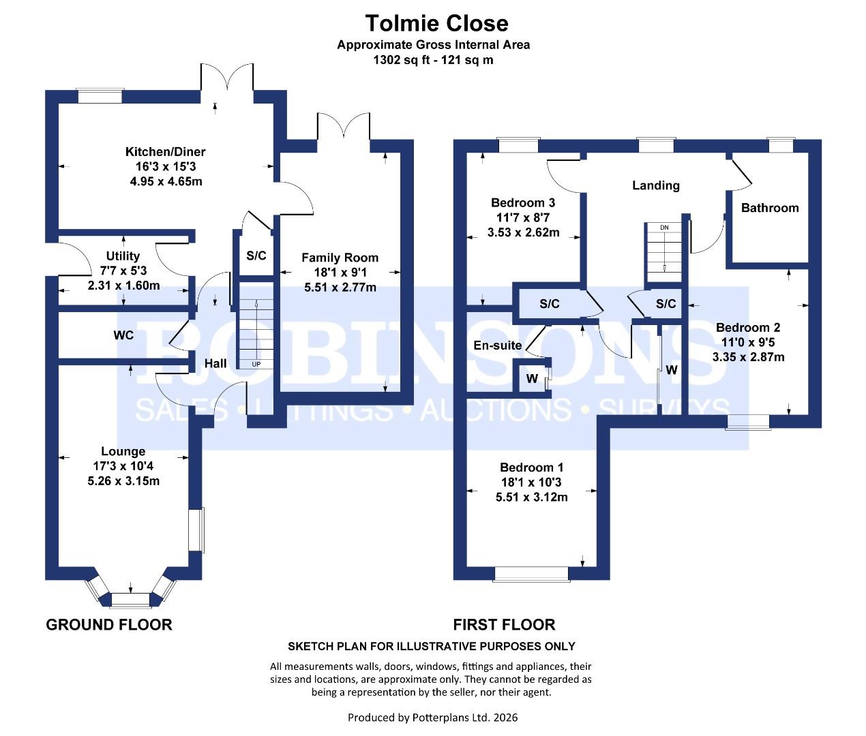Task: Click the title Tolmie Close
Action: click(x=436, y=23)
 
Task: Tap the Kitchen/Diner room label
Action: click(x=165, y=152)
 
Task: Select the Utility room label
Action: click(x=123, y=256)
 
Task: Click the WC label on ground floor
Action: click(x=123, y=335)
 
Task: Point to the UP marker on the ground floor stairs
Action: click(x=256, y=364)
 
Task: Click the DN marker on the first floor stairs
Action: click(x=664, y=228)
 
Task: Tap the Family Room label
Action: click(x=340, y=258)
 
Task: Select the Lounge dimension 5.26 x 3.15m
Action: click(x=123, y=481)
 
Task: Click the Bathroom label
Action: click(x=770, y=208)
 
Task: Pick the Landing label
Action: click(x=655, y=185)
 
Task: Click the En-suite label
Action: click(x=498, y=346)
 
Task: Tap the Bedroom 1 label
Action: click(x=531, y=467)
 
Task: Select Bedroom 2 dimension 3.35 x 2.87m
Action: click(x=748, y=357)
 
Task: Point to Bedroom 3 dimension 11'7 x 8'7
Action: click(x=523, y=217)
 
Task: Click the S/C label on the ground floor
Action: click(x=256, y=256)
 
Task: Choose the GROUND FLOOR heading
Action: click(x=109, y=624)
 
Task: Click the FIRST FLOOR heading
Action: click(x=504, y=624)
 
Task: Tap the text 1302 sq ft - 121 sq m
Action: click(x=433, y=60)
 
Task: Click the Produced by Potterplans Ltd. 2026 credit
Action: click(x=433, y=717)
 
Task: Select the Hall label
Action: click(x=215, y=363)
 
